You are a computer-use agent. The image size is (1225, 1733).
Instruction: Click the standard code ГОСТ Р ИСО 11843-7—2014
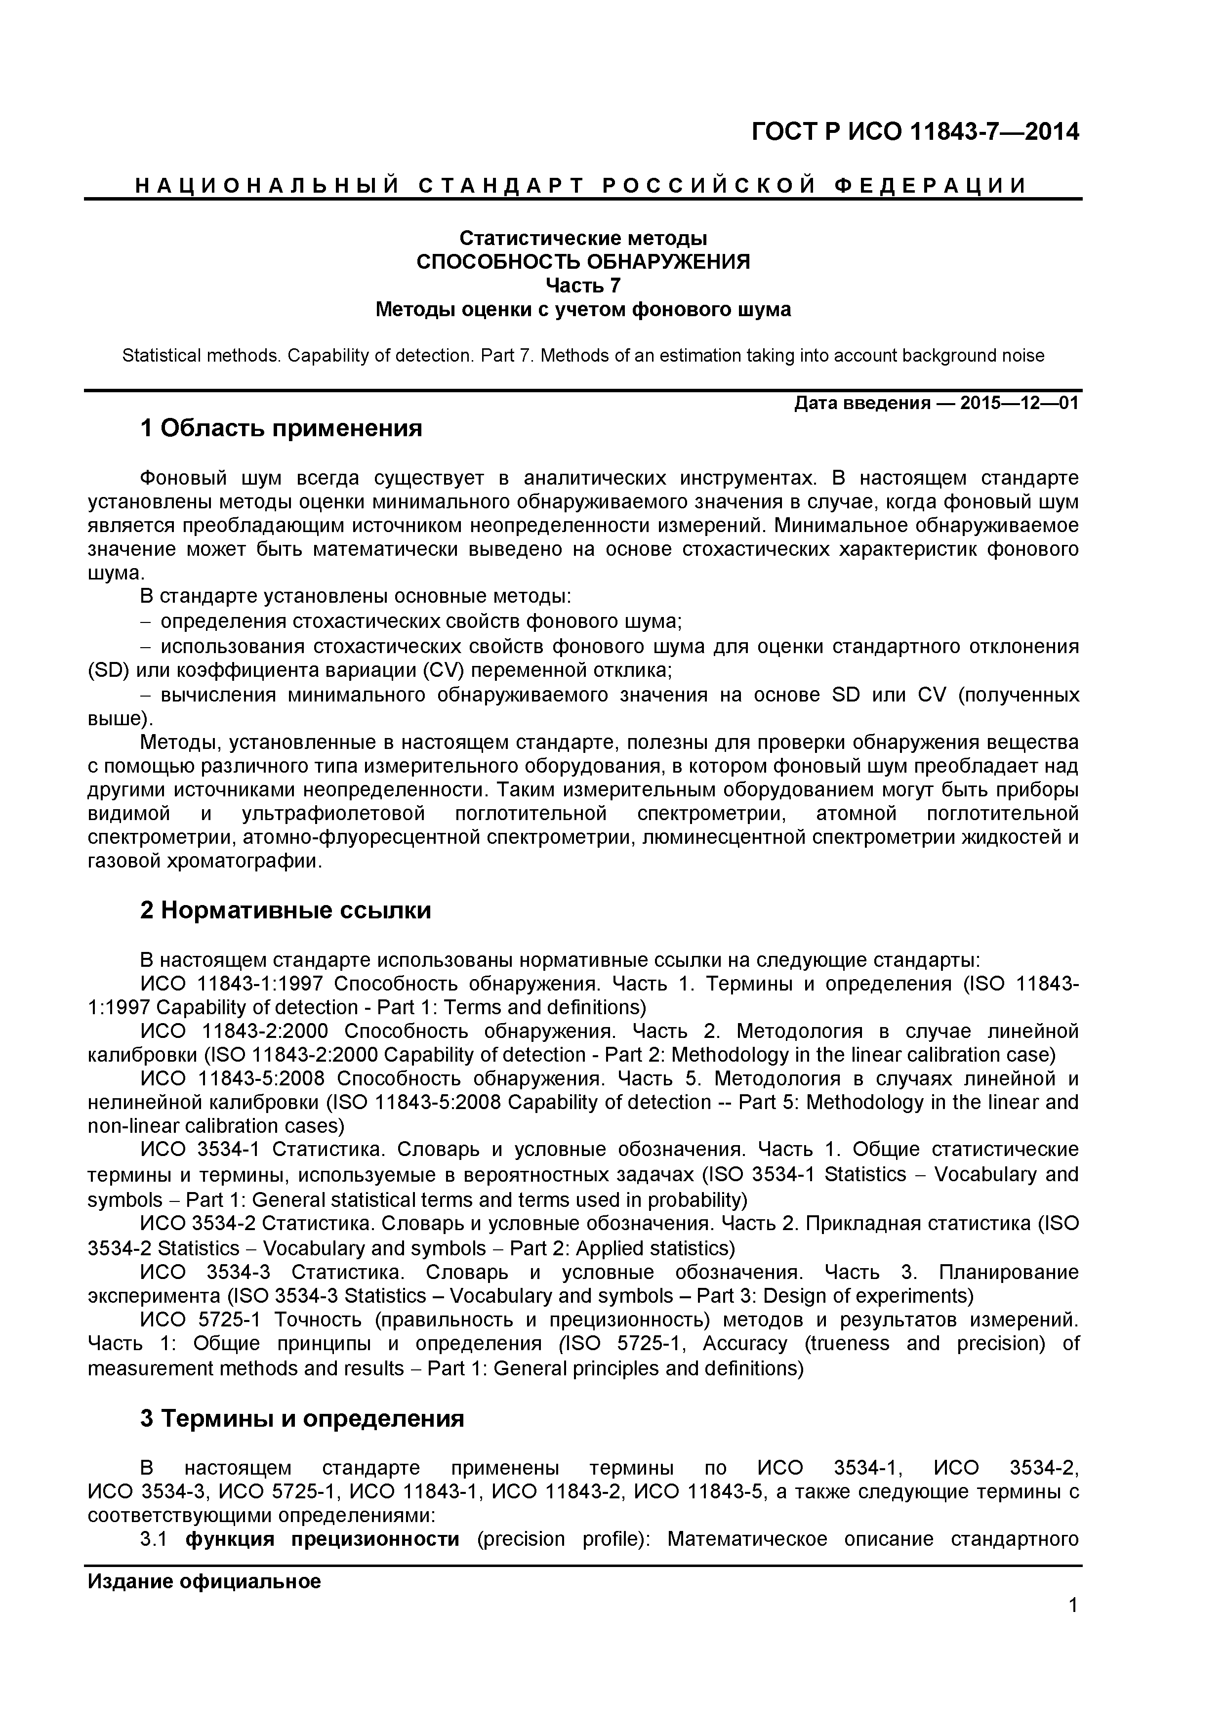[915, 132]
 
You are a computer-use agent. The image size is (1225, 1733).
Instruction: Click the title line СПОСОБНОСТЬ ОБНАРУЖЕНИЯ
[583, 262]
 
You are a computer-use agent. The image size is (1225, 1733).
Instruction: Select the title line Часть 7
[583, 286]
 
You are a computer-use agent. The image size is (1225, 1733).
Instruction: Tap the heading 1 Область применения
[281, 429]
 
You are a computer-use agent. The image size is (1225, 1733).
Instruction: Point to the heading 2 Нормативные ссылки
[286, 910]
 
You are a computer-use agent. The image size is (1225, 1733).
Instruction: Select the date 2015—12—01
[1019, 403]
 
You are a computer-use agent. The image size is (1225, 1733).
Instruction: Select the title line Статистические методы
[583, 239]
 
